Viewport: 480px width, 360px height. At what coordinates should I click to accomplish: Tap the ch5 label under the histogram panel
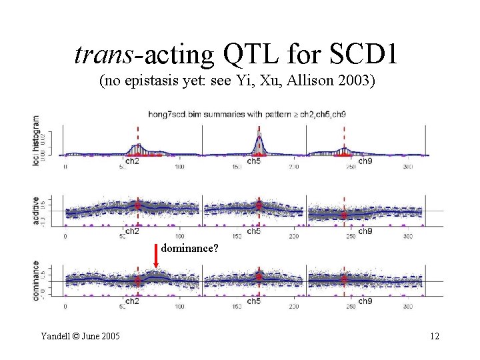pyautogui.click(x=254, y=161)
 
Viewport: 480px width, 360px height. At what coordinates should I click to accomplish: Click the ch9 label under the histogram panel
pyautogui.click(x=365, y=161)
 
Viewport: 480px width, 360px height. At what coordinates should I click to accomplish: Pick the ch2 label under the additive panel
pyautogui.click(x=132, y=231)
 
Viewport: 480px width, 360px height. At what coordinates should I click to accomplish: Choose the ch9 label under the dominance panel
pyautogui.click(x=365, y=301)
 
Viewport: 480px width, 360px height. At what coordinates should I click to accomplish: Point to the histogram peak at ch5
pyautogui.click(x=259, y=139)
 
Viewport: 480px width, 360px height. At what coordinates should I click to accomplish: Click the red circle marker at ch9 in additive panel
pyautogui.click(x=344, y=215)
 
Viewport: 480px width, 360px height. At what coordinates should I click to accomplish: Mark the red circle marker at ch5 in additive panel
pyautogui.click(x=259, y=205)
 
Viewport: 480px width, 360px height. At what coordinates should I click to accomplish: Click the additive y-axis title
pyautogui.click(x=36, y=211)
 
